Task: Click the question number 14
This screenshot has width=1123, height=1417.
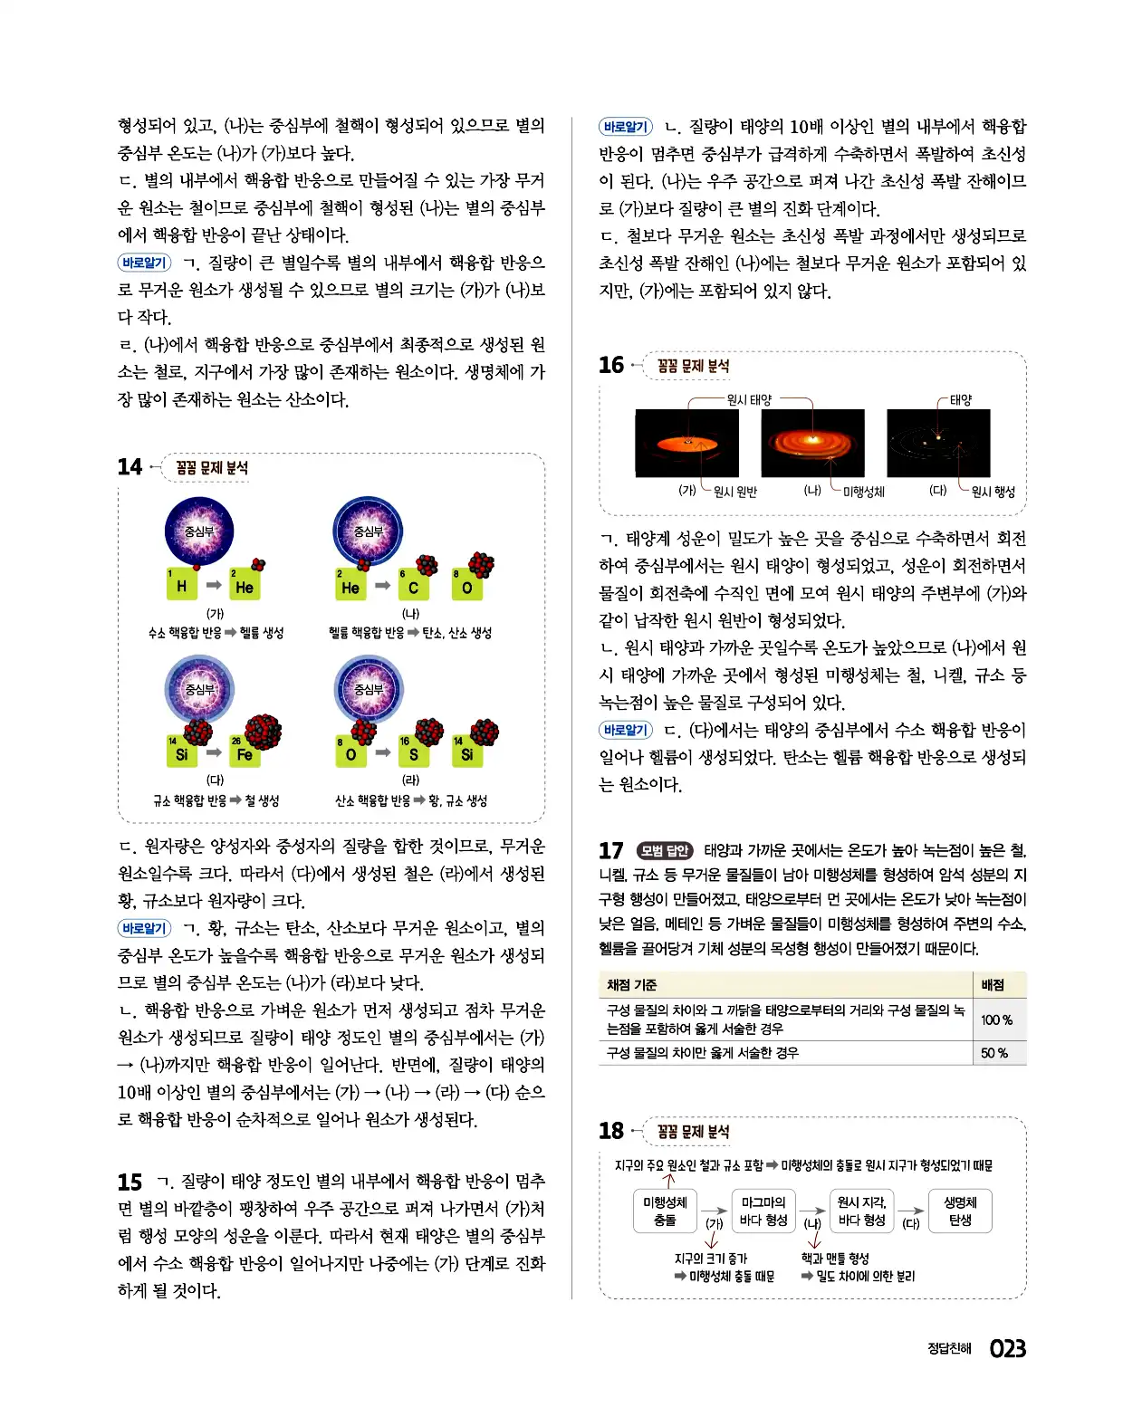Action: [130, 467]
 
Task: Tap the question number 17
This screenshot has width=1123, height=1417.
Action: [610, 851]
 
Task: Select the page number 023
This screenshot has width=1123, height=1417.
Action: [1007, 1349]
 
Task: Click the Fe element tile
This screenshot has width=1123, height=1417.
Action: [244, 752]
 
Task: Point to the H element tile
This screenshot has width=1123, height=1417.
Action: [182, 585]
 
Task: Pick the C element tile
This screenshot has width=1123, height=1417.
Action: [413, 586]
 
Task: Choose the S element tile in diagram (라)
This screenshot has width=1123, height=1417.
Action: [413, 752]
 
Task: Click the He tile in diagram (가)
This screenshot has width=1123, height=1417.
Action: [244, 585]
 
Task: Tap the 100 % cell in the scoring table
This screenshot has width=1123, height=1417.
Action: [996, 1020]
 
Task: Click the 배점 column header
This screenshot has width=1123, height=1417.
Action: [993, 985]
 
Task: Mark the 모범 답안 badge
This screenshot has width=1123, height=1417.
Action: [665, 851]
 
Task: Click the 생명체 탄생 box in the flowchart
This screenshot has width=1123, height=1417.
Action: [960, 1211]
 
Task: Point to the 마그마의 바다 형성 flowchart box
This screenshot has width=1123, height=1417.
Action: [763, 1211]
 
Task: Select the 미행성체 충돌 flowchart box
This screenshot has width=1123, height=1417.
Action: [665, 1211]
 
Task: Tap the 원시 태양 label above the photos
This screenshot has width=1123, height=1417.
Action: [749, 399]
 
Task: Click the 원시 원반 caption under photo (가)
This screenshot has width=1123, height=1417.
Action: [734, 492]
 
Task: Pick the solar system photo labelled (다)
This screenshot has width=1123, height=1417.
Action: [938, 443]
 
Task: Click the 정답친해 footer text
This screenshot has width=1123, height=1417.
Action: [948, 1349]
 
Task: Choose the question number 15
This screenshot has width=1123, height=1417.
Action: [130, 1182]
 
